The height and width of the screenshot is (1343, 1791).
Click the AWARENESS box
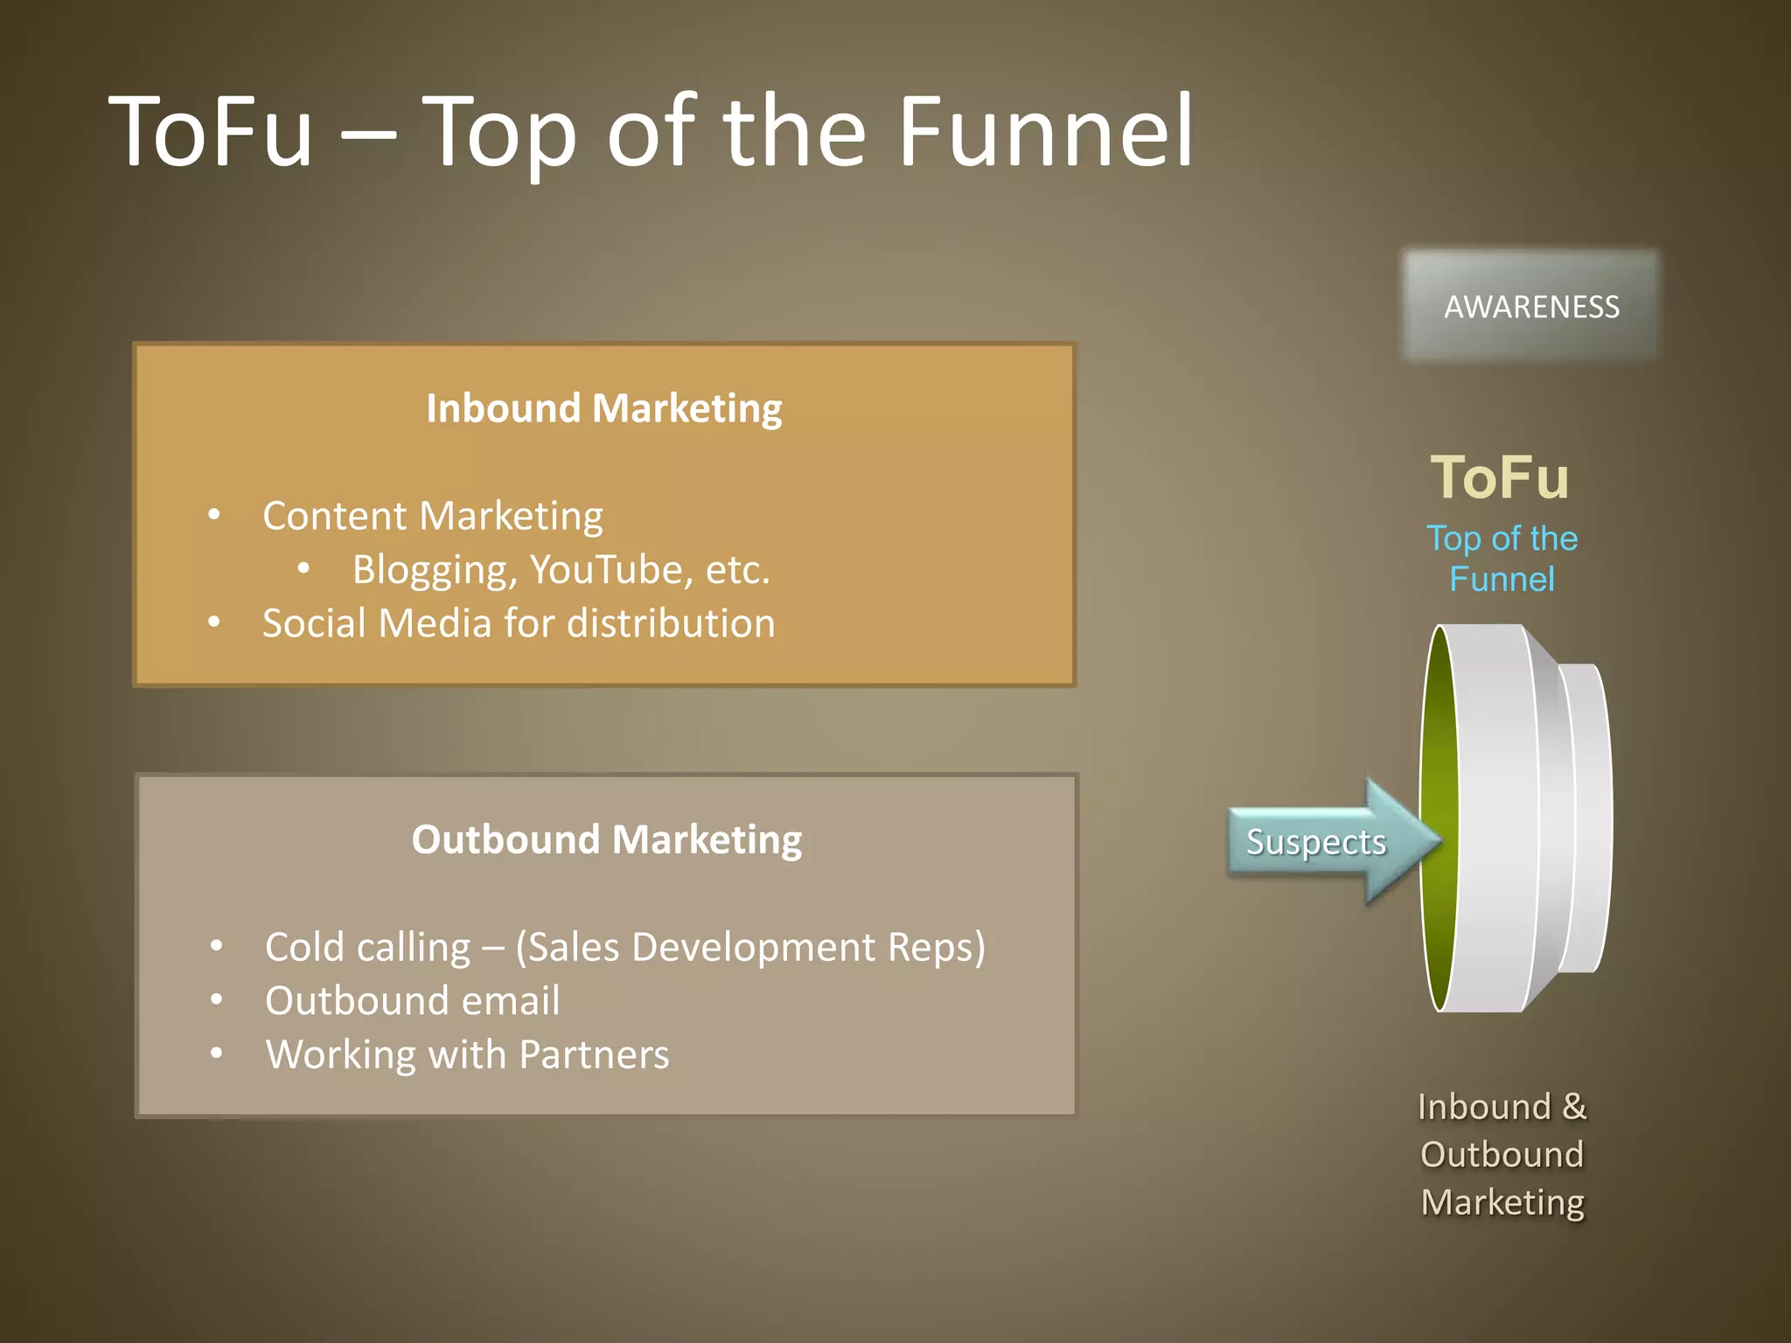1530,306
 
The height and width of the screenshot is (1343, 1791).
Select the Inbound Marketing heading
604,409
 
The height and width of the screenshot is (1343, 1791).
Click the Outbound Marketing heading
607,840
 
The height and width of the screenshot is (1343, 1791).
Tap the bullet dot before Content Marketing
214,515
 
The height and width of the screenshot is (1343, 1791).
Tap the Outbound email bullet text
412,1001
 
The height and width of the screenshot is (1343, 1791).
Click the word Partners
594,1054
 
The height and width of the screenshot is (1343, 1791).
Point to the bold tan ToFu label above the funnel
1500,477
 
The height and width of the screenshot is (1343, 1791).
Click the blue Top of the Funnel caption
1502,559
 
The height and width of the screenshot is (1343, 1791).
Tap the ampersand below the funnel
1574,1107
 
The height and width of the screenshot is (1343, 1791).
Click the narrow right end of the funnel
1587,818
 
